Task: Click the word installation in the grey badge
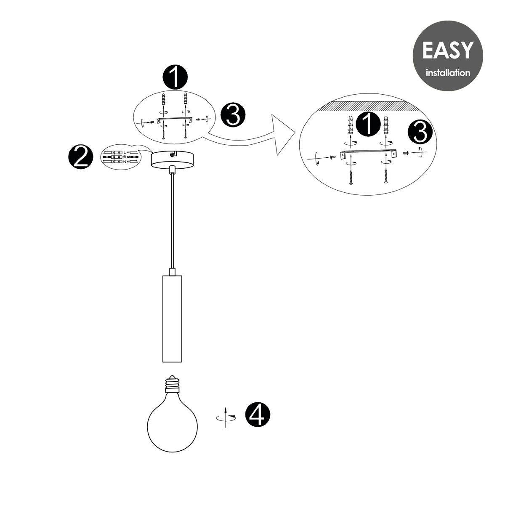(x=448, y=72)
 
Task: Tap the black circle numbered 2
(x=81, y=157)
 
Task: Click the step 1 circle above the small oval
(x=175, y=77)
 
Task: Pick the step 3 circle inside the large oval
(x=420, y=132)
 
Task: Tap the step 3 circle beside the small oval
(x=233, y=115)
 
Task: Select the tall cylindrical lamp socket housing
(x=172, y=319)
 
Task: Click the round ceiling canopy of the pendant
(x=172, y=160)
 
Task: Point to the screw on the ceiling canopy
(x=172, y=155)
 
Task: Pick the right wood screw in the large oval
(x=385, y=175)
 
